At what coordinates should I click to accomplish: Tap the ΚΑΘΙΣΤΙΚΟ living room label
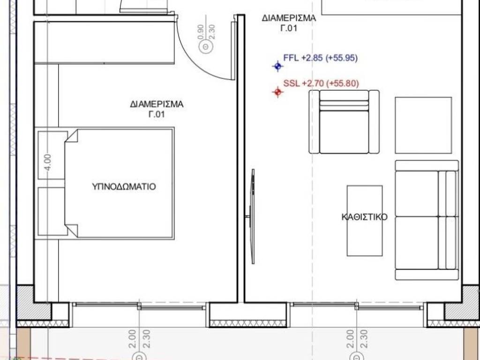[x=364, y=217]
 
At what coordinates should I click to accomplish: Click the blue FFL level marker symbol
[x=278, y=67]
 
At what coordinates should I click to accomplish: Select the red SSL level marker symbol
[x=278, y=92]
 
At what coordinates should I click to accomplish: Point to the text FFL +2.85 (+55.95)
[x=321, y=58]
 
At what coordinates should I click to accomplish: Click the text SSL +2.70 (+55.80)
[x=321, y=84]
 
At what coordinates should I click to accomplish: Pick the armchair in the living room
[x=344, y=122]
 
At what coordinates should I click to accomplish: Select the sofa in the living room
[x=426, y=221]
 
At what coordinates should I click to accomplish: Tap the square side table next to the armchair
[x=423, y=125]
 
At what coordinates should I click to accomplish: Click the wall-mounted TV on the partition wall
[x=253, y=216]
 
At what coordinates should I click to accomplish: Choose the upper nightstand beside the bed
[x=52, y=155]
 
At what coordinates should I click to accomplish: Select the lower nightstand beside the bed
[x=51, y=212]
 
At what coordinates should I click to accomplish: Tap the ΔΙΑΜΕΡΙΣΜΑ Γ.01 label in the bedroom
[x=157, y=109]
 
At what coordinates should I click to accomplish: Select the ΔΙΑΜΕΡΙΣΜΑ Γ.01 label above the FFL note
[x=289, y=23]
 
